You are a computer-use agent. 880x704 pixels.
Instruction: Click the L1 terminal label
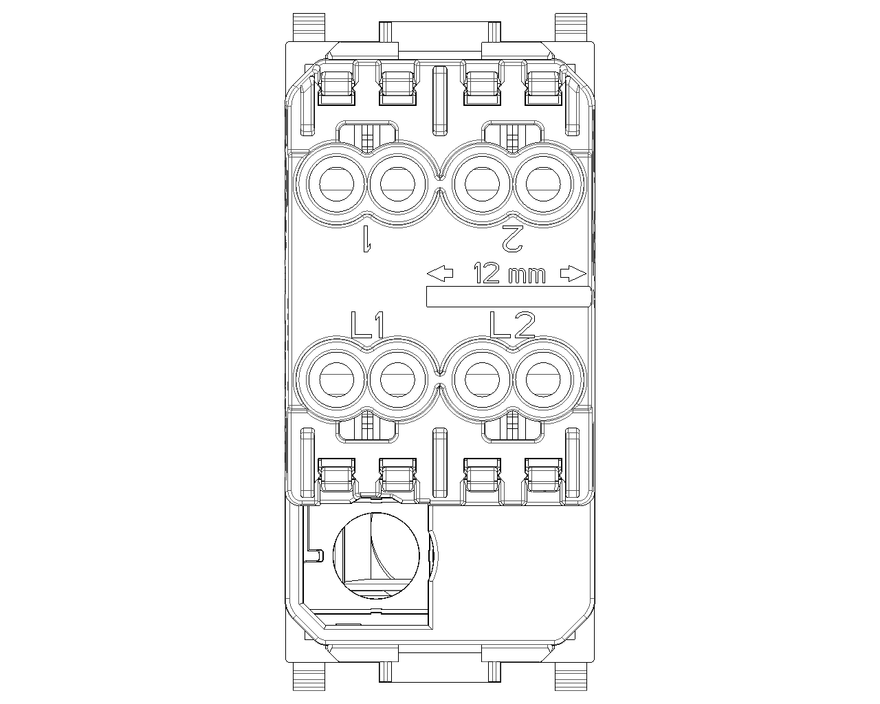pos(368,325)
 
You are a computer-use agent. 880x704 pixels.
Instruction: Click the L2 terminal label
pos(512,325)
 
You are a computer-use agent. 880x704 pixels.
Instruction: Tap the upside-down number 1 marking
pos(367,239)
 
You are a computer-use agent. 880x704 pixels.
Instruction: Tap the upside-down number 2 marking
pos(512,239)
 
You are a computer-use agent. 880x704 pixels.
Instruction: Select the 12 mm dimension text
pos(509,273)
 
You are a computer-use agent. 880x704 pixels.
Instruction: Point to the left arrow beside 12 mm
pos(440,273)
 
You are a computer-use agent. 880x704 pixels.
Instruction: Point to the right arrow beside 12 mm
pos(573,273)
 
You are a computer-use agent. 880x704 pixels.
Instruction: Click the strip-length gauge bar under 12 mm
pos(509,296)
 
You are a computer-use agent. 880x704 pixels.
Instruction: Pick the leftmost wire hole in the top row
pos(336,184)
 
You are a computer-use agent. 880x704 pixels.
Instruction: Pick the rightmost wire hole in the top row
pos(543,184)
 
